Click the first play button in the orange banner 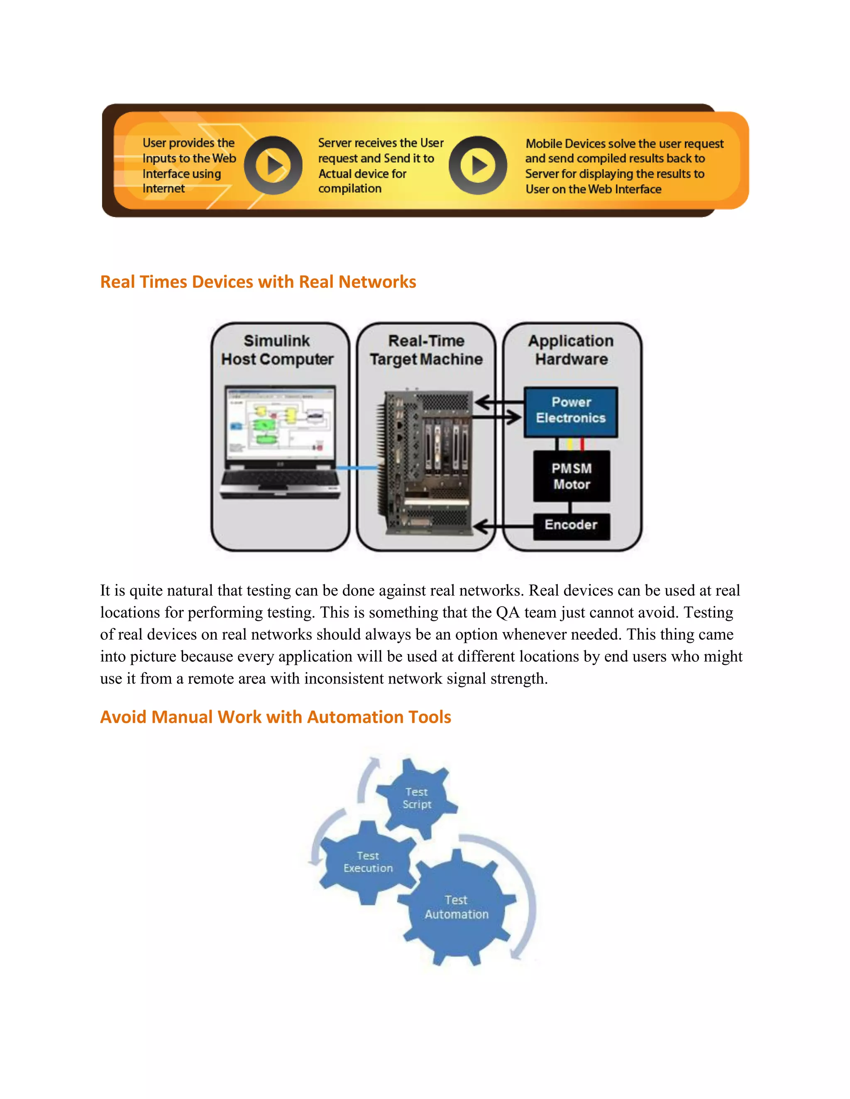pyautogui.click(x=274, y=165)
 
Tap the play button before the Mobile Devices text pyautogui.click(x=478, y=165)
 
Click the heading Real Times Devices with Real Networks pyautogui.click(x=258, y=282)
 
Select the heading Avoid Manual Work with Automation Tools pyautogui.click(x=276, y=717)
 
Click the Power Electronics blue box pyautogui.click(x=571, y=411)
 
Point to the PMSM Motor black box pyautogui.click(x=572, y=476)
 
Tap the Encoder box pyautogui.click(x=571, y=525)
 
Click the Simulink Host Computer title pyautogui.click(x=277, y=350)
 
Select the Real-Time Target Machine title pyautogui.click(x=426, y=350)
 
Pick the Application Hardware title pyautogui.click(x=571, y=350)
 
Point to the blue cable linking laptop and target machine pyautogui.click(x=357, y=468)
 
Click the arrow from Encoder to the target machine pyautogui.click(x=501, y=527)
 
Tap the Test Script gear pyautogui.click(x=416, y=798)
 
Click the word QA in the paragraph pyautogui.click(x=507, y=613)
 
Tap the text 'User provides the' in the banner pyautogui.click(x=188, y=143)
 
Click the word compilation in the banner pyautogui.click(x=349, y=189)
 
